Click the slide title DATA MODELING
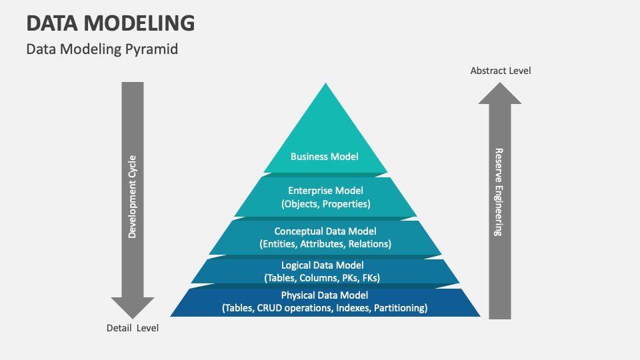tap(111, 23)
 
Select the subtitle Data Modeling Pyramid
tap(102, 49)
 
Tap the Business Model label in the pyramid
tap(325, 157)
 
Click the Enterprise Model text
tap(325, 191)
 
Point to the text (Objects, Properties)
tap(325, 204)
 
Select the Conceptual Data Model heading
tap(325, 231)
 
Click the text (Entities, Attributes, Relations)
tap(325, 244)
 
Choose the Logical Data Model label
tap(325, 265)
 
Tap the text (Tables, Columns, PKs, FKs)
tap(325, 277)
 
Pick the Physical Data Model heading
tap(325, 295)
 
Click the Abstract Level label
tap(501, 71)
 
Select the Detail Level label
tap(133, 328)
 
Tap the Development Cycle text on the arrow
tap(133, 197)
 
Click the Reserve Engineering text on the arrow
tap(499, 192)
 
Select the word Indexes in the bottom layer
tap(355, 308)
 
